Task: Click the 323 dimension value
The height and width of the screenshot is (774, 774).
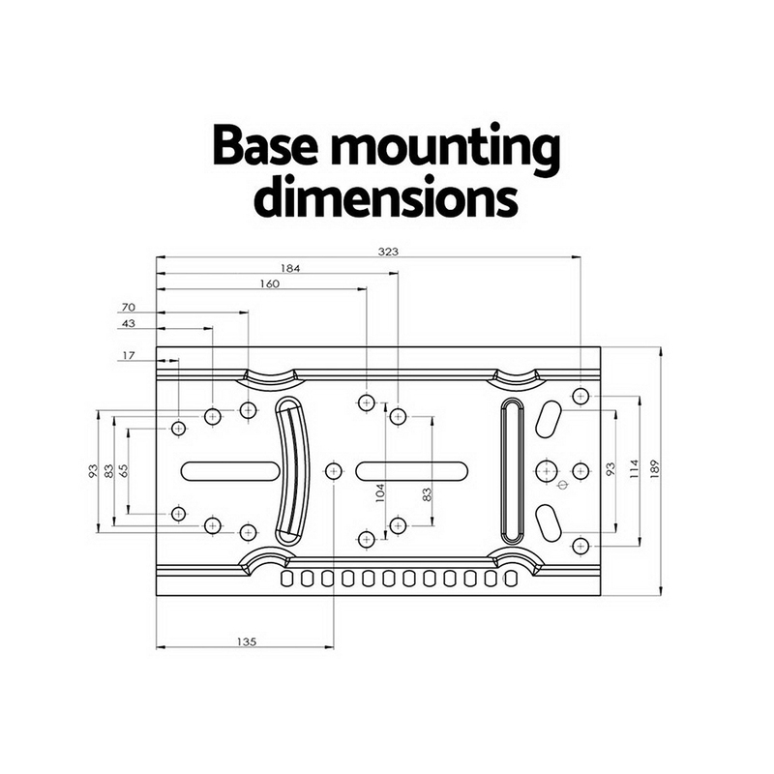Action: point(388,252)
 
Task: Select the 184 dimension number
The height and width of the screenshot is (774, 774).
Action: point(290,269)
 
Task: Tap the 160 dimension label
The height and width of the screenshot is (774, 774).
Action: point(270,283)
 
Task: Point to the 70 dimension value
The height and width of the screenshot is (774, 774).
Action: point(129,307)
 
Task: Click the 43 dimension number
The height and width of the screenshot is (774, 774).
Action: point(129,324)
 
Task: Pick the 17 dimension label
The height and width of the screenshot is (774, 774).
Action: point(129,355)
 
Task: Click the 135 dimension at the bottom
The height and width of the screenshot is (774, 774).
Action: point(247,641)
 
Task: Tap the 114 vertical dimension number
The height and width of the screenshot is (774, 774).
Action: point(635,469)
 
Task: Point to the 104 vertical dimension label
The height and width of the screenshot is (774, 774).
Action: point(380,492)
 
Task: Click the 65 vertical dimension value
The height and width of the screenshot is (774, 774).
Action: point(124,470)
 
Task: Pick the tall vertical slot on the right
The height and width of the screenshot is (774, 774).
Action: point(513,470)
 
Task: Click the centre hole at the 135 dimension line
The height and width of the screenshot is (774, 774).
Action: point(334,471)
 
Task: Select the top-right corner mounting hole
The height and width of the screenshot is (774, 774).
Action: point(581,396)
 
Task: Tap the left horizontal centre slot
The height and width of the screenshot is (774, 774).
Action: point(230,471)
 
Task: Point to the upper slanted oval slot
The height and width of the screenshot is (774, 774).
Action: point(548,419)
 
